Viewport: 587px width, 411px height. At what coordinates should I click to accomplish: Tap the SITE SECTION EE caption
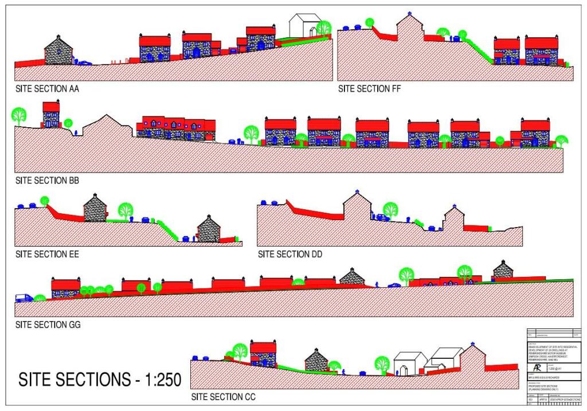[48, 254]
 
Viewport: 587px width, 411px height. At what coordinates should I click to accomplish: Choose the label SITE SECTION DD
[290, 254]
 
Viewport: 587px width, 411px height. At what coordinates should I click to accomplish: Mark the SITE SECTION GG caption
[48, 324]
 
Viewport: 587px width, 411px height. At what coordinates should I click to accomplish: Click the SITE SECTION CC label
[224, 397]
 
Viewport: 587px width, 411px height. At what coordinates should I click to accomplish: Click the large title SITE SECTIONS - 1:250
[100, 379]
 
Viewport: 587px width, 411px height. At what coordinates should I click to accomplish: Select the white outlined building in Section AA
[304, 26]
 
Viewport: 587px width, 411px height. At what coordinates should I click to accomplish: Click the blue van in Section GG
[24, 298]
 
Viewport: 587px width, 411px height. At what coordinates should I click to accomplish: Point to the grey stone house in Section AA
[58, 51]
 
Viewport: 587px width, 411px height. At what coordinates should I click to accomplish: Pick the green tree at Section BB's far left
[19, 115]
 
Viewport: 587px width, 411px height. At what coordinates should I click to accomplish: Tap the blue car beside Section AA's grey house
[84, 63]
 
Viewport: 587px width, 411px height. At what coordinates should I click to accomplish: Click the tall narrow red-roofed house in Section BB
[51, 115]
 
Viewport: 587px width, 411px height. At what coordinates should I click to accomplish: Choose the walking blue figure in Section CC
[343, 372]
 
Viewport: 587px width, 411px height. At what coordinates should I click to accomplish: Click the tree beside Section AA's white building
[324, 28]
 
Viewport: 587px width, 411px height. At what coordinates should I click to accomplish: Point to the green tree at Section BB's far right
[561, 140]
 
